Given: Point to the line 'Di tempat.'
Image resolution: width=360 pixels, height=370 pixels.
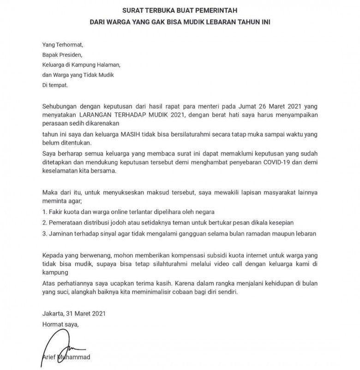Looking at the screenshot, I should pos(55,85).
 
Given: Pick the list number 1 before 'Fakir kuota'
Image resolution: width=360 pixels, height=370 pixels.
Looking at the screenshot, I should pos(44,212).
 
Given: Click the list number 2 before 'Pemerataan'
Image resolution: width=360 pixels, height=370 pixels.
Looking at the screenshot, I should pos(44,223).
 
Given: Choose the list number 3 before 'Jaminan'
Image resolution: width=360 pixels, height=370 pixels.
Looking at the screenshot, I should pos(44,233).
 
